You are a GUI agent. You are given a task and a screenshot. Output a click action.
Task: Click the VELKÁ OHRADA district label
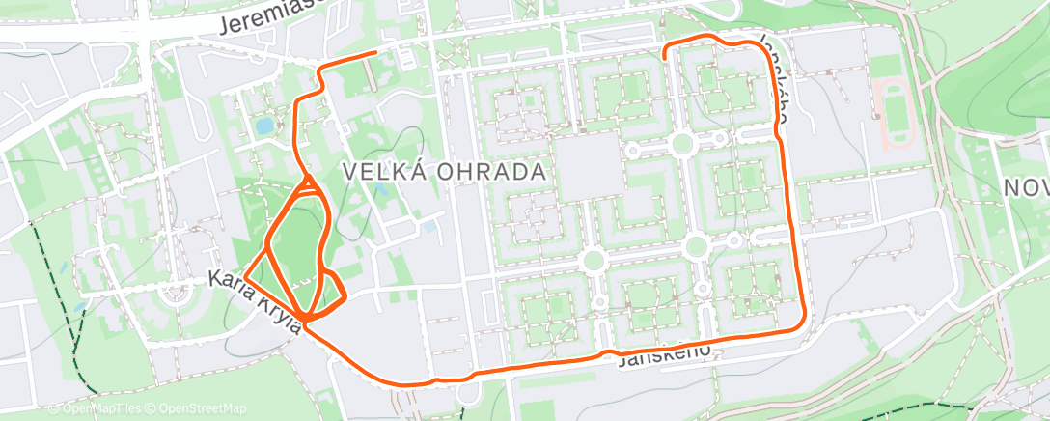coord(445,172)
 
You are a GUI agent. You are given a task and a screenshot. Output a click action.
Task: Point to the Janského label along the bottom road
coord(666,354)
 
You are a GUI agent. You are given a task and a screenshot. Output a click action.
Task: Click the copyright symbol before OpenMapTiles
coord(54,408)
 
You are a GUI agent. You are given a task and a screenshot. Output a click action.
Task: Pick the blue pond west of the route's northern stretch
coord(263,126)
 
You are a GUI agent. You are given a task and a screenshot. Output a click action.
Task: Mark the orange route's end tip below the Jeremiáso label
coord(374,52)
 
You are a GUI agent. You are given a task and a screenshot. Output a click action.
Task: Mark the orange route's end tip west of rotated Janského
coord(665,57)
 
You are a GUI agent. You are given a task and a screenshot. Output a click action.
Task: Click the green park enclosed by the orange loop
coord(296,239)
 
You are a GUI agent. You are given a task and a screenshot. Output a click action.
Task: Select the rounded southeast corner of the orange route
coord(800,323)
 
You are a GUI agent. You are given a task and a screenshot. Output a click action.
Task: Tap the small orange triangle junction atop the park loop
coord(309,183)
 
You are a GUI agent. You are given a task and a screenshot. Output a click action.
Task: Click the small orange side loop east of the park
coord(334,287)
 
